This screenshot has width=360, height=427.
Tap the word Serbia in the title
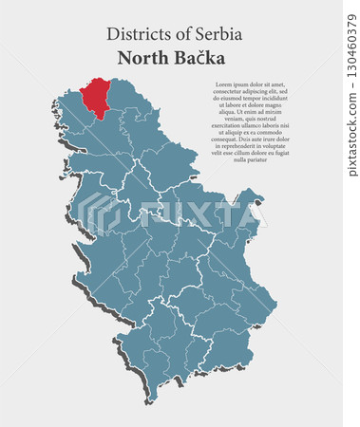click(218, 33)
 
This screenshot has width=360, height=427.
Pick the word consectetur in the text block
click(225, 91)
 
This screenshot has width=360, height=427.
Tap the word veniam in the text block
click(230, 118)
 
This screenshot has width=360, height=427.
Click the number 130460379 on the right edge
click(352, 90)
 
